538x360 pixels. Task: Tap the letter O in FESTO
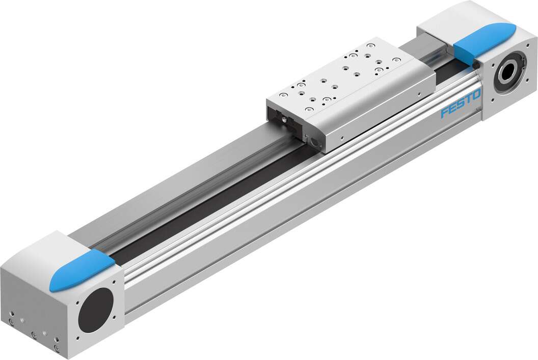476,95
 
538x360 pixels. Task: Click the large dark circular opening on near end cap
97,310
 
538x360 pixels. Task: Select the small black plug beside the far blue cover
475,65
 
